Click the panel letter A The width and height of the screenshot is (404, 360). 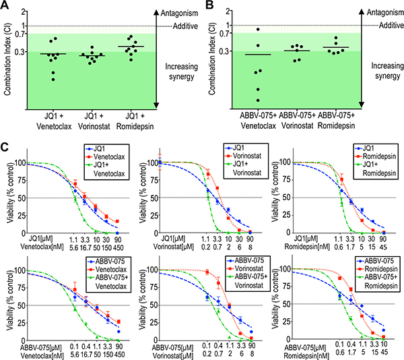tap(5, 5)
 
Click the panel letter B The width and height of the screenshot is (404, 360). tap(209, 5)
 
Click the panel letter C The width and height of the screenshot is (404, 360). tap(5, 147)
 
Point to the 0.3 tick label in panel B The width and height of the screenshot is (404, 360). tap(225, 51)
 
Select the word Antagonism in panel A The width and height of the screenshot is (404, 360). tap(179, 13)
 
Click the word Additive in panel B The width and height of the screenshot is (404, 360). tap(391, 25)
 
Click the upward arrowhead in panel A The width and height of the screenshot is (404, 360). tap(156, 12)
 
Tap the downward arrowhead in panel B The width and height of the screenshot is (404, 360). tap(362, 104)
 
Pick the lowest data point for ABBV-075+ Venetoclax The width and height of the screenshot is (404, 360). tap(258, 100)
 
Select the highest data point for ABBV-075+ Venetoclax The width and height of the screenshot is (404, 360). tap(258, 30)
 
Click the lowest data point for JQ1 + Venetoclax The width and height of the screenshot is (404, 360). tap(53, 80)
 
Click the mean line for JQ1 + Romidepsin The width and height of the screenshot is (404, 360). tap(131, 47)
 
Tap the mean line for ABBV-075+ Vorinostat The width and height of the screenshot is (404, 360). tap(297, 51)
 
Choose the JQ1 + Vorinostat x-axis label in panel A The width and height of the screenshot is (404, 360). tap(94, 121)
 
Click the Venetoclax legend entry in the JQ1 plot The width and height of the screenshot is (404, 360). tap(106, 157)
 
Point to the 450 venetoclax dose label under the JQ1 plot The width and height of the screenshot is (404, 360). tap(118, 247)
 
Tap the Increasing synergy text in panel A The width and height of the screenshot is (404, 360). tap(181, 71)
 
